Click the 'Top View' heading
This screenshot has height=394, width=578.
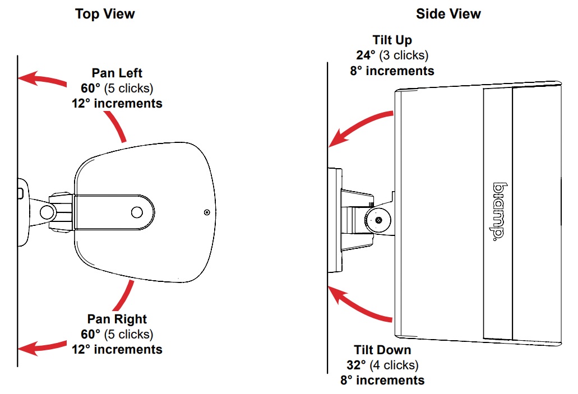coord(105,14)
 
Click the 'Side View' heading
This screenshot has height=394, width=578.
coord(448,14)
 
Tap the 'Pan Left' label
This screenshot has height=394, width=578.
coord(117,73)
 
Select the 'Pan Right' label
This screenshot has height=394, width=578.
coord(117,319)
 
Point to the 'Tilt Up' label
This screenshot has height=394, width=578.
coord(392,40)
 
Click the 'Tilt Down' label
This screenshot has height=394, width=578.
coord(382,350)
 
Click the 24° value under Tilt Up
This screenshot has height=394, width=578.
coord(366,55)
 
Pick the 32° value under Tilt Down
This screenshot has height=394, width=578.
coord(357,365)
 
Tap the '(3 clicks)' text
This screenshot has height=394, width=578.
coord(404,55)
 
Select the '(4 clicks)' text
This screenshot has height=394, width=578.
coord(395,365)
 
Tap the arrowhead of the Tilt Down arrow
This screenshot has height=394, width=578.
coord(337,293)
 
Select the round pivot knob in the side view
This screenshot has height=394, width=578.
coord(378,220)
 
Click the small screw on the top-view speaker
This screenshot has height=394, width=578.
coord(207,212)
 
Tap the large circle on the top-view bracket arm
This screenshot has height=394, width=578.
coord(137,212)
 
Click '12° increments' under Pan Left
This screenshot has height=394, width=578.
coord(117,103)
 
